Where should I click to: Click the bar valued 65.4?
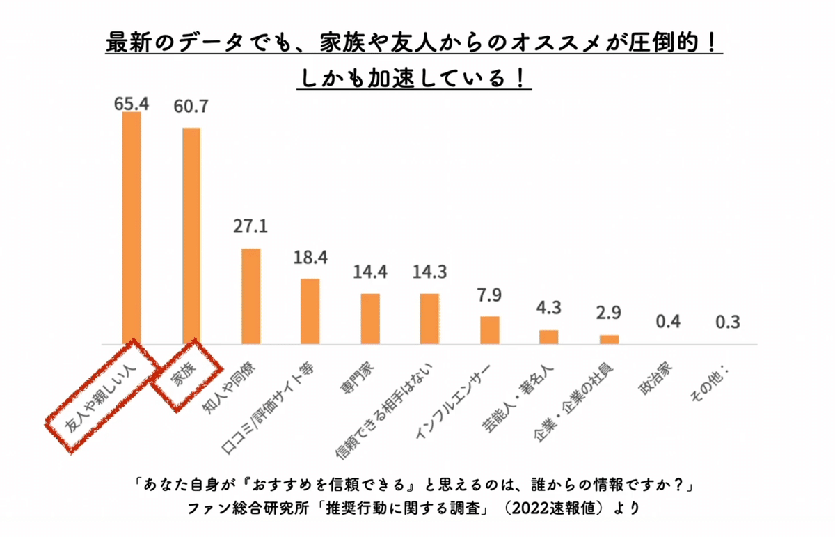click(132, 228)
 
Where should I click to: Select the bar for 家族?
click(191, 236)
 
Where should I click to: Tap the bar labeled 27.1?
click(250, 296)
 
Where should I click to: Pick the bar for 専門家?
click(370, 319)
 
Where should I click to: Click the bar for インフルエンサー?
click(490, 330)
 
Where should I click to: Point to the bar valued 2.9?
click(610, 340)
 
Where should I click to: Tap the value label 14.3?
click(429, 272)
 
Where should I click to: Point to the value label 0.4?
click(669, 322)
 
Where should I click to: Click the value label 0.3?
click(728, 322)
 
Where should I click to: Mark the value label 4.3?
click(550, 307)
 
